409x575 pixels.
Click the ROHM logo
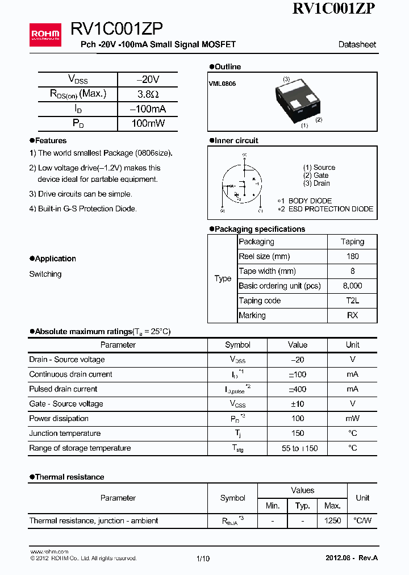click(x=45, y=35)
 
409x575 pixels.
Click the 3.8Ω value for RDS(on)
click(x=148, y=94)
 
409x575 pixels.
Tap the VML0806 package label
click(x=222, y=84)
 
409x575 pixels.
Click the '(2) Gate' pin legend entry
click(x=316, y=176)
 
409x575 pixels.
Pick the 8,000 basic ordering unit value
click(x=352, y=286)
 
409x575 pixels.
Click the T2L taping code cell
click(x=352, y=301)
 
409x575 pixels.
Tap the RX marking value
click(x=352, y=315)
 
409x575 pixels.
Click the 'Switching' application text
click(x=45, y=274)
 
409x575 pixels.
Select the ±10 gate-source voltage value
click(x=297, y=404)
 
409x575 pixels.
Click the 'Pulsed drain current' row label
click(x=63, y=389)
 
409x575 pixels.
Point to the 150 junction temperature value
click(x=297, y=434)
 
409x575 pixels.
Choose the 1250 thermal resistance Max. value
click(x=332, y=521)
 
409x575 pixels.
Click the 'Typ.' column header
click(x=302, y=506)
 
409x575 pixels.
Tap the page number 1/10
click(x=203, y=559)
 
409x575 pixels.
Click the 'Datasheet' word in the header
click(x=357, y=44)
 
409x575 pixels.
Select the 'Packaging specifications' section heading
click(x=260, y=229)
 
